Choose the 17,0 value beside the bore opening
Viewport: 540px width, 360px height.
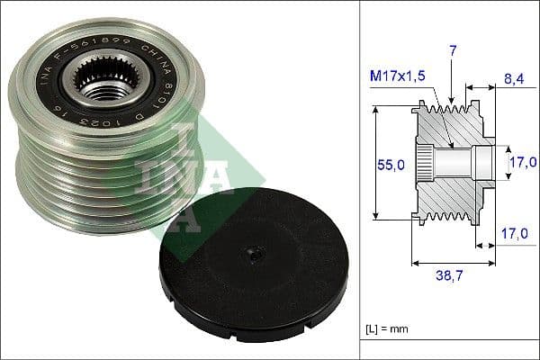click(x=523, y=162)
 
